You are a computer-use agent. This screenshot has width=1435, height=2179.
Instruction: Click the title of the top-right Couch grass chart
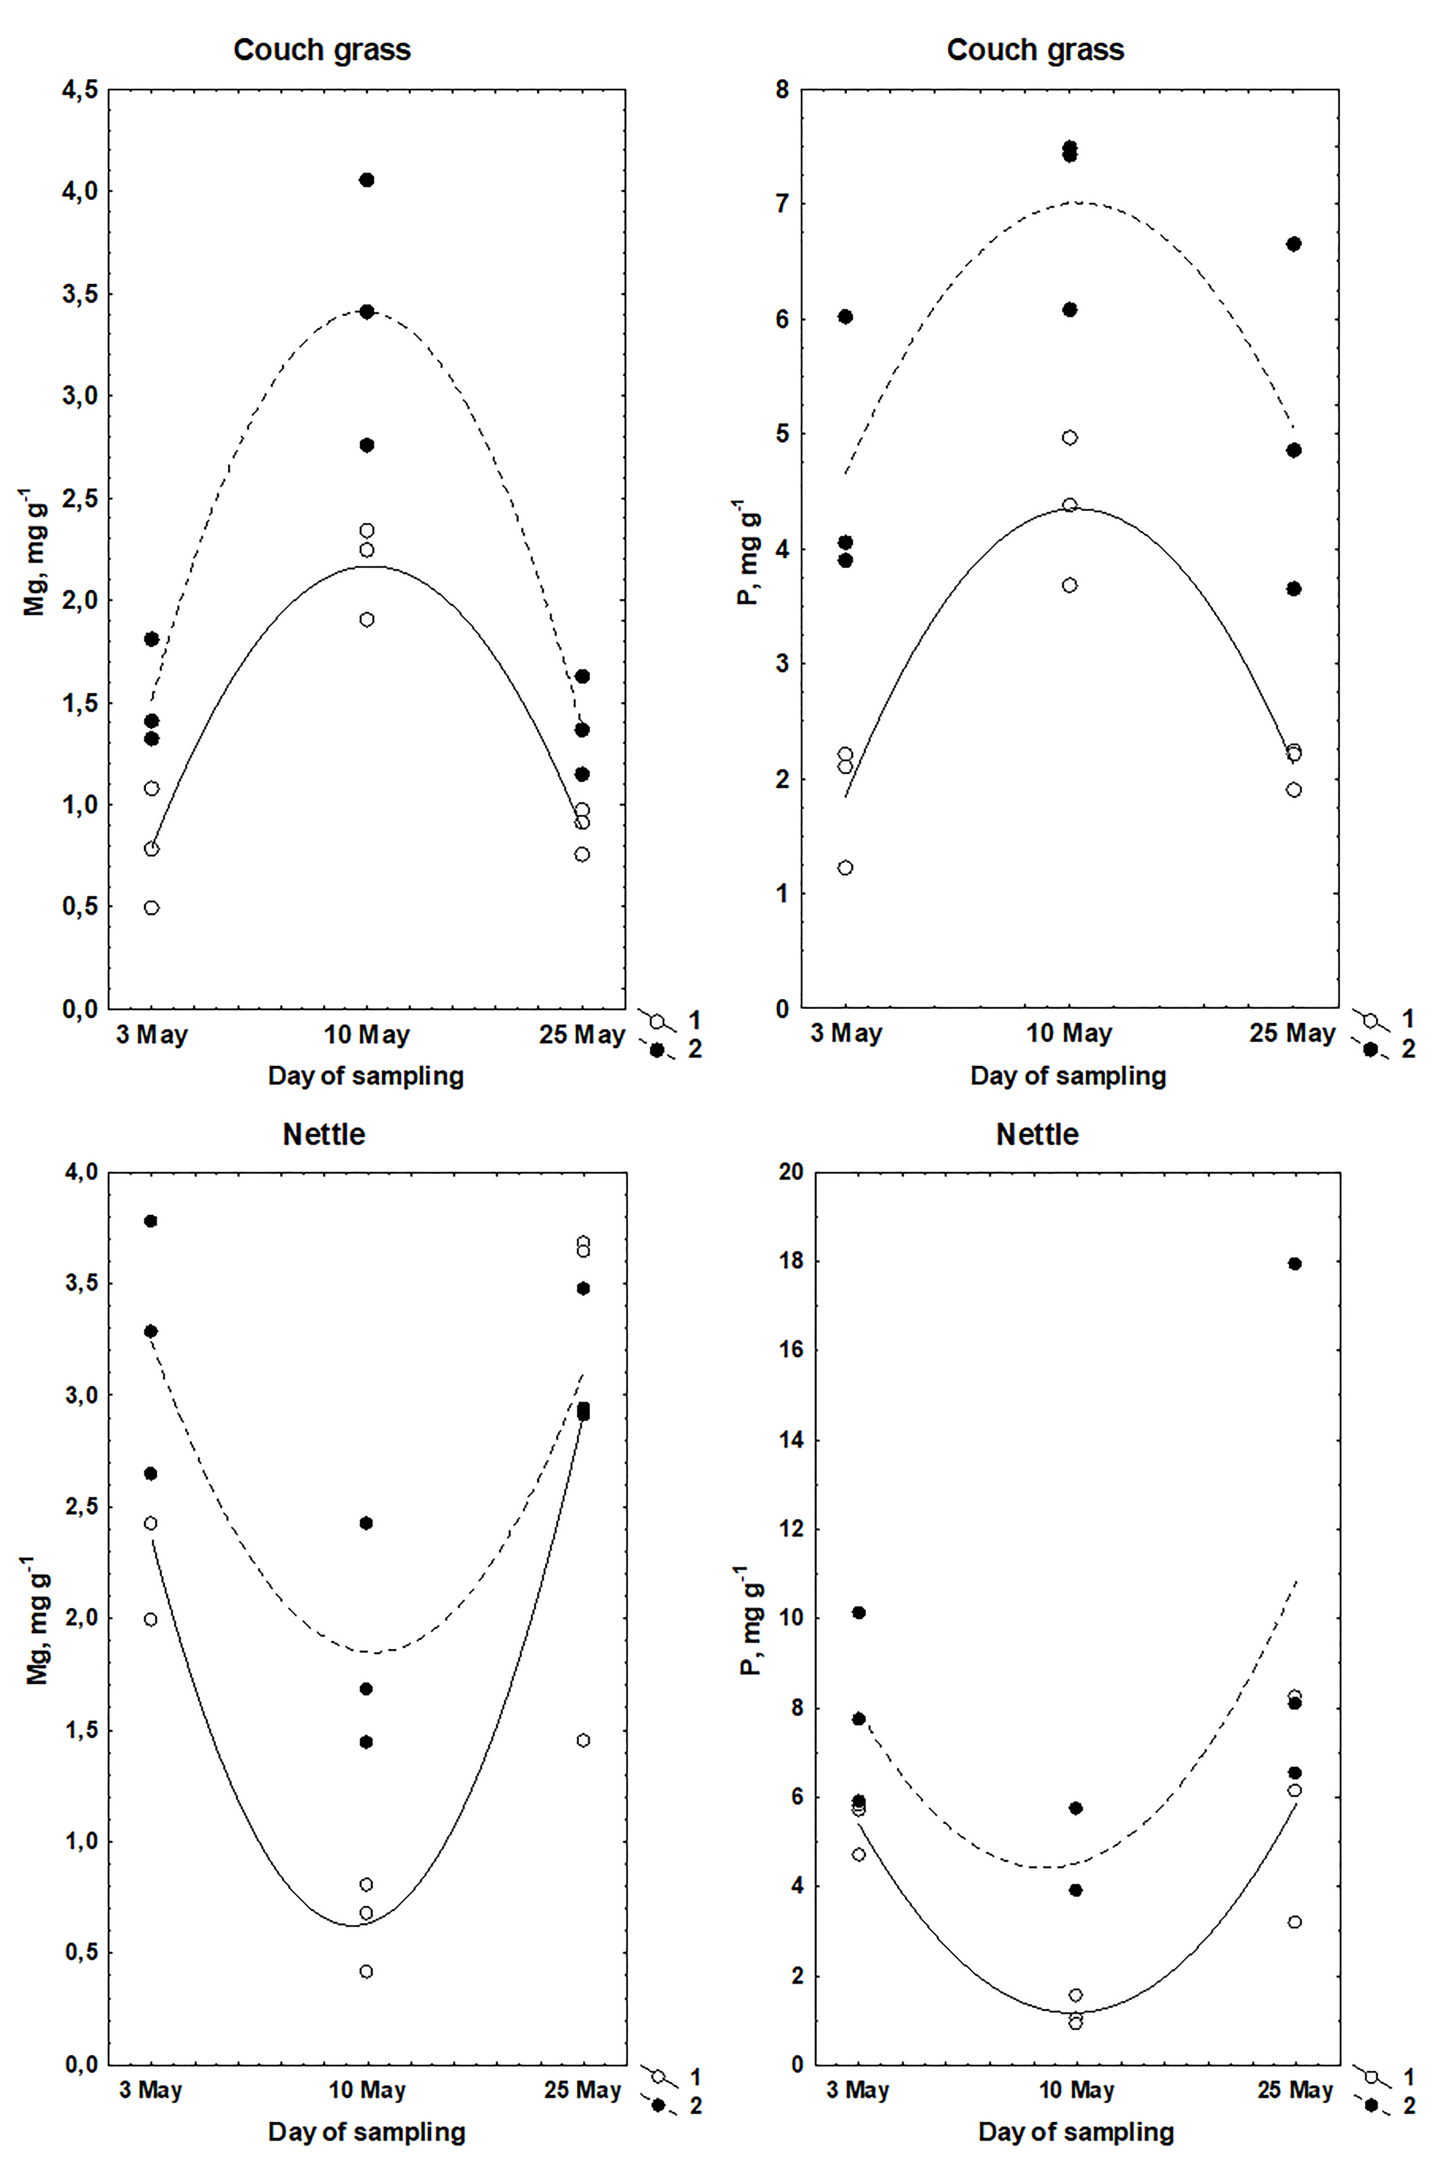point(1035,49)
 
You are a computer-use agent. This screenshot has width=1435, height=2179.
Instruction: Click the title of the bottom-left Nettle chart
point(324,1134)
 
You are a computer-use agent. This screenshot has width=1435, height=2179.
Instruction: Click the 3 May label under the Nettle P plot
point(857,2090)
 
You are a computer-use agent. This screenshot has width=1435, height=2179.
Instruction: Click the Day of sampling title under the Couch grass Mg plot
point(366,1076)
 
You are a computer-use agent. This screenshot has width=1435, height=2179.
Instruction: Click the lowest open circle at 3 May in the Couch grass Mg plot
point(152,907)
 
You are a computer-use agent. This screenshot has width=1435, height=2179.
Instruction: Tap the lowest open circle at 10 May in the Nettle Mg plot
point(366,1971)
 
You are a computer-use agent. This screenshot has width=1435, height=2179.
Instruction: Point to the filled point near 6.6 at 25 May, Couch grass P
point(1294,244)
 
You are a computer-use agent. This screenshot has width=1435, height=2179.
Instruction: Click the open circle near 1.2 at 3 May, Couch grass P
point(846,867)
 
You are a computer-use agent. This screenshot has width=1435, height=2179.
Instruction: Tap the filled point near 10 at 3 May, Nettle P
point(858,1612)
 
